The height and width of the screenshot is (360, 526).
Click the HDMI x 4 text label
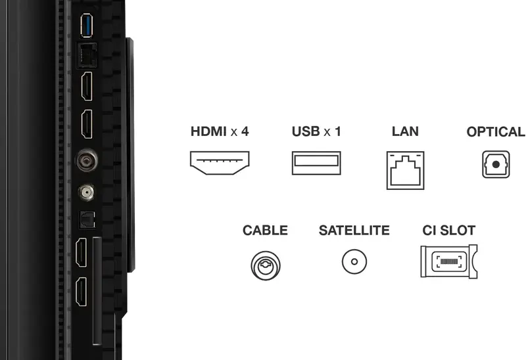click(220, 131)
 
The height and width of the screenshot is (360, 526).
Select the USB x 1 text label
click(316, 131)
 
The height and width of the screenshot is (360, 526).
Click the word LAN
click(405, 131)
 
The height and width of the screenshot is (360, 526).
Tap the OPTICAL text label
click(496, 131)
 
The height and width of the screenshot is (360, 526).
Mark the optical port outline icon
click(496, 164)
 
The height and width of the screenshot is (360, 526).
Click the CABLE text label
click(265, 231)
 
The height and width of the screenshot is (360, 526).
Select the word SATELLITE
click(354, 231)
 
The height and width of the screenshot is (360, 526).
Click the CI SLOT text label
click(449, 231)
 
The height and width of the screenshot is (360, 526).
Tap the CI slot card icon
click(448, 261)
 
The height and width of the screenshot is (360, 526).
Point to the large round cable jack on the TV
click(86, 160)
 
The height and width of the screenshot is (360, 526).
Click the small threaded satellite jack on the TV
click(85, 192)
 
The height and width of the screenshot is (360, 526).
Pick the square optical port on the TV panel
click(85, 218)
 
